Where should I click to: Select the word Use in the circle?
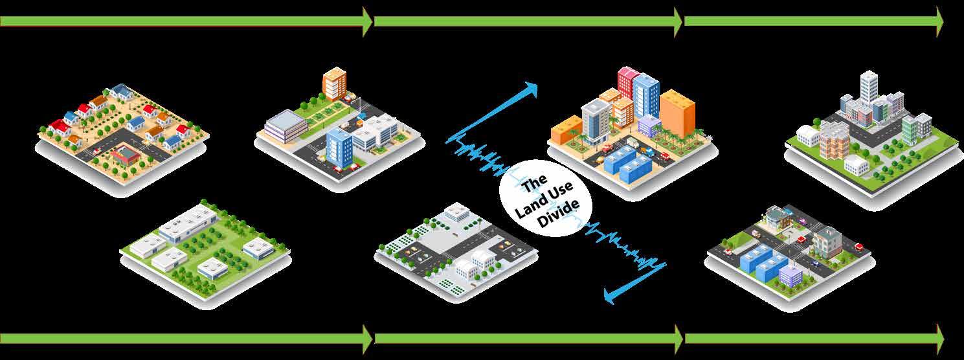click(x=561, y=195)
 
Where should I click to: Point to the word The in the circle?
click(x=535, y=183)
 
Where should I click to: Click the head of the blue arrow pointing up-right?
click(x=532, y=89)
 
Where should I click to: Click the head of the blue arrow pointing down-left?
click(x=610, y=295)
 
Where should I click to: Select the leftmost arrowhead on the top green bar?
click(x=367, y=21)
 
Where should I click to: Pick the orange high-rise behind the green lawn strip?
click(x=334, y=82)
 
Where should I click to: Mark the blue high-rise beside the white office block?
click(x=339, y=145)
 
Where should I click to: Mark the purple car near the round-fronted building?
click(x=803, y=221)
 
